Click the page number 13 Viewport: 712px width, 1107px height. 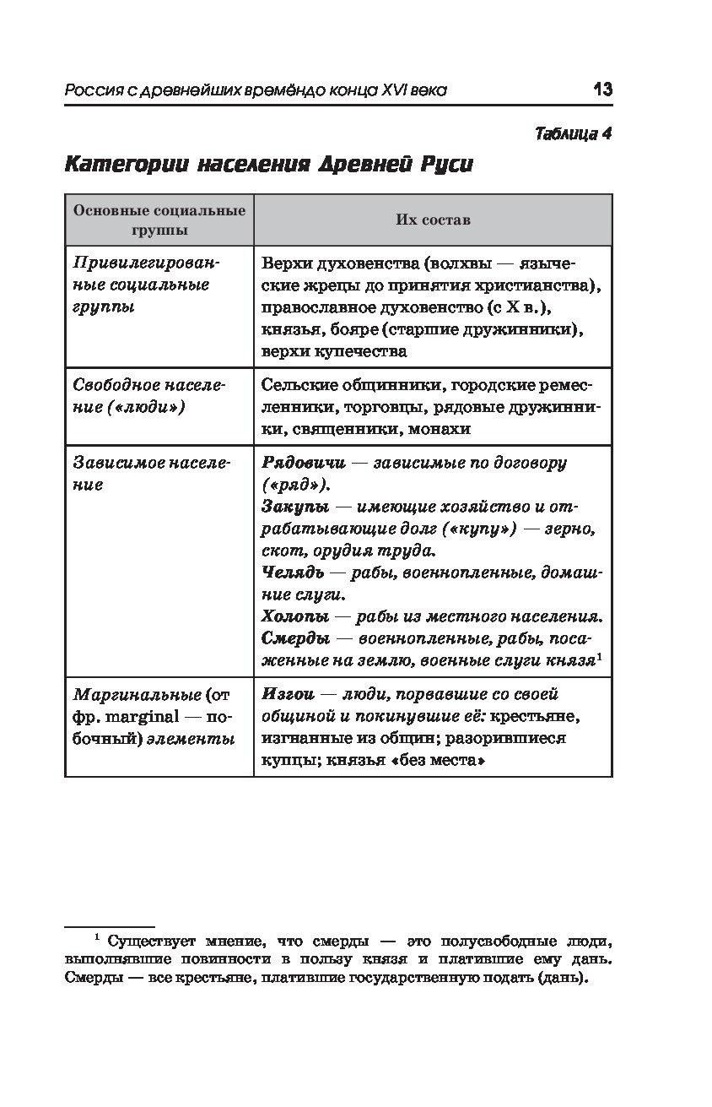(602, 90)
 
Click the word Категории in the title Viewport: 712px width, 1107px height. (127, 164)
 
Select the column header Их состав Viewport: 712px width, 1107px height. (433, 220)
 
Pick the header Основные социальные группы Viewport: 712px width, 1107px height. (159, 220)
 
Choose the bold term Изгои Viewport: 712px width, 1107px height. (289, 694)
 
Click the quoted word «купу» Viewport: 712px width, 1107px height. (482, 529)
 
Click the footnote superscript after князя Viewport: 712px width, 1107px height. (599, 656)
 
